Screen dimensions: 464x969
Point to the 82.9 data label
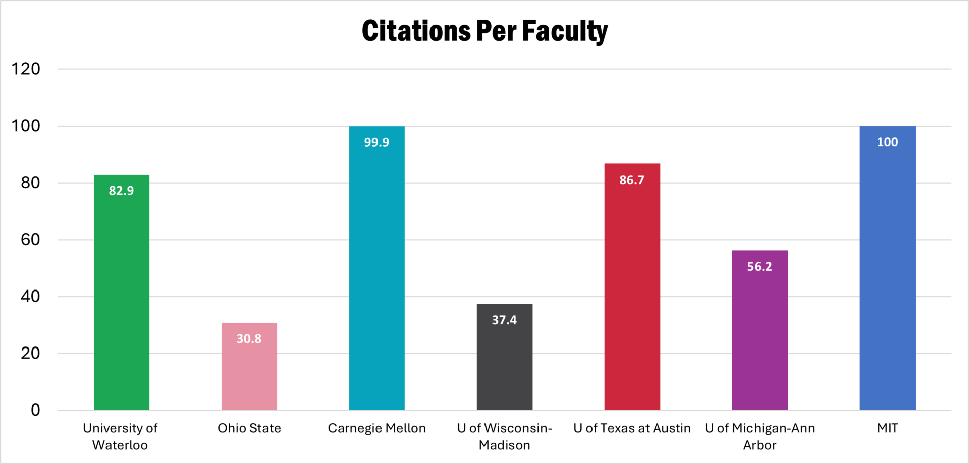point(121,191)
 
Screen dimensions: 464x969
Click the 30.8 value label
point(249,339)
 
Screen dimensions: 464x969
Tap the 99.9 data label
point(376,142)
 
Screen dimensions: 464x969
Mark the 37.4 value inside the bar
point(504,320)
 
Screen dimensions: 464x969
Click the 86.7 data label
point(632,180)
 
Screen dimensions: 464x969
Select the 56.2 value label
point(760,267)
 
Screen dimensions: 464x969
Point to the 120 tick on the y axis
point(26,69)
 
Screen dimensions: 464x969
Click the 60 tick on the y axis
point(30,240)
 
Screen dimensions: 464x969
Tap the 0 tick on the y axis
point(35,410)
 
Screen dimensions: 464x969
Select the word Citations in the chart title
point(416,31)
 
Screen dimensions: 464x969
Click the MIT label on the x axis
point(887,428)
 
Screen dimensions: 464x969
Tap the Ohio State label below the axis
point(249,428)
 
